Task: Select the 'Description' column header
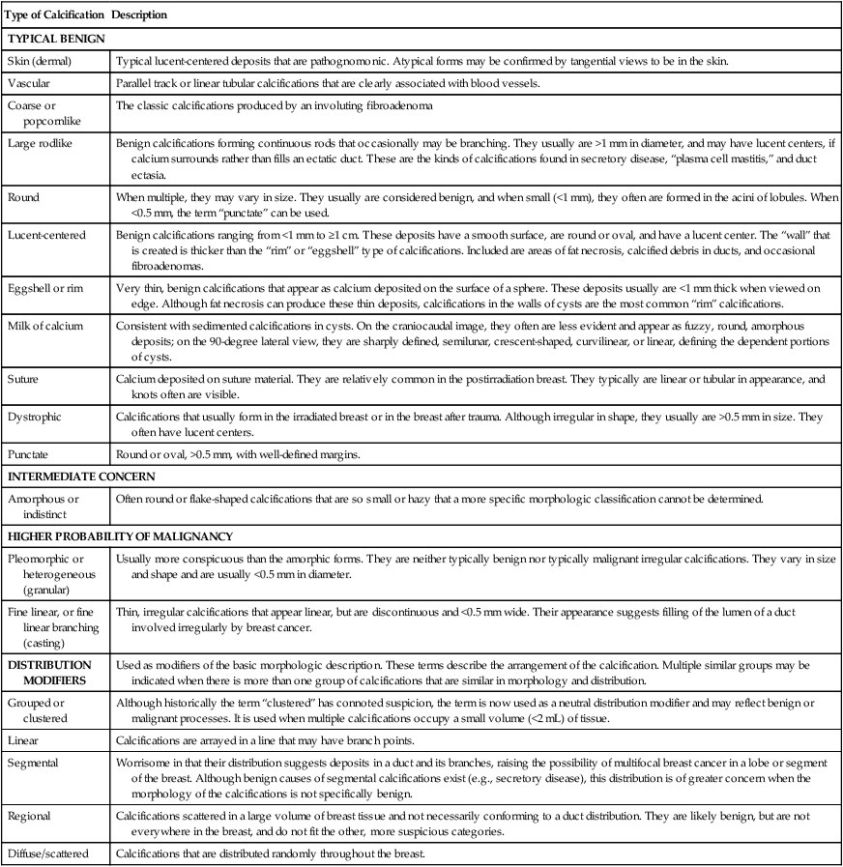pos(139,15)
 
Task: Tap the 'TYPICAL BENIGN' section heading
pos(56,39)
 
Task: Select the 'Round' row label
pos(24,194)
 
